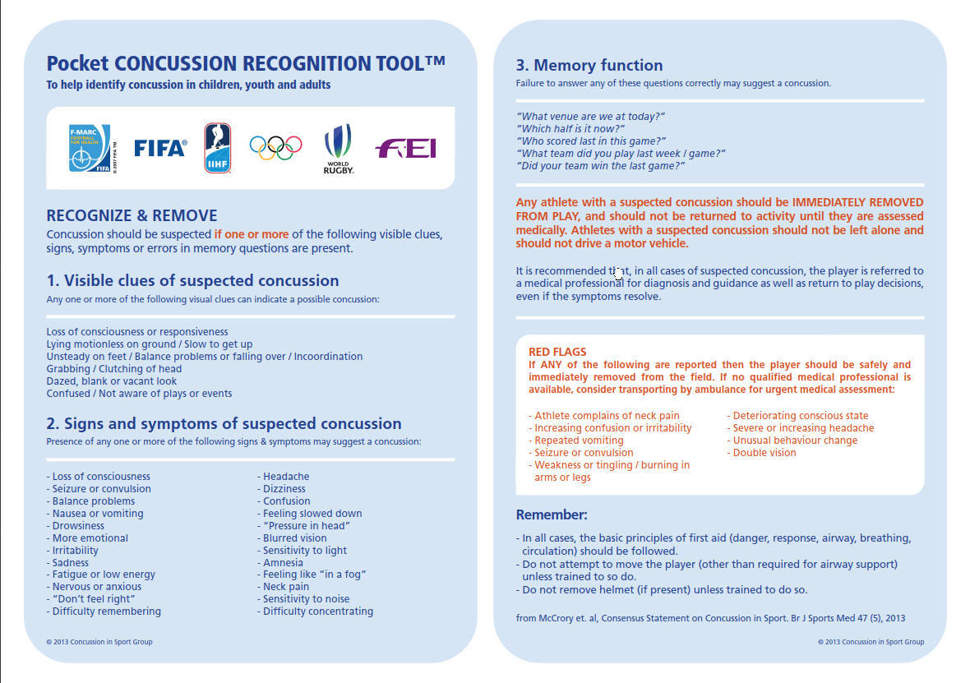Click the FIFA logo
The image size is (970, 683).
tap(160, 148)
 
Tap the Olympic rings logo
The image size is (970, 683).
tap(275, 148)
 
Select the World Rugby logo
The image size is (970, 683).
tap(338, 149)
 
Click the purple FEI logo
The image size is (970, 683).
tap(405, 148)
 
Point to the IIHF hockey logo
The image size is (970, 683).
tap(218, 148)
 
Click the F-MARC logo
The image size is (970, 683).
tap(90, 148)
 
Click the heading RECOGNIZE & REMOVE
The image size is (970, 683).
tap(132, 216)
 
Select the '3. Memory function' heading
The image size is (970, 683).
tap(589, 65)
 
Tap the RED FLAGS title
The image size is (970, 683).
tap(557, 352)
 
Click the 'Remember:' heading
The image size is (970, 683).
tap(552, 515)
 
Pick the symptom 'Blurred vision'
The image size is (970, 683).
tap(294, 538)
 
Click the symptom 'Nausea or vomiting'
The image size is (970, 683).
tap(97, 514)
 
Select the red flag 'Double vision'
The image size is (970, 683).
tap(764, 453)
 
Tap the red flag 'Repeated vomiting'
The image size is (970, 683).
tap(579, 441)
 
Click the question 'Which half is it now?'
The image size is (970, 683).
tap(570, 129)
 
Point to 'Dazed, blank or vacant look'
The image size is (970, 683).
tap(112, 381)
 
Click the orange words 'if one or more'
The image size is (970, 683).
tap(251, 234)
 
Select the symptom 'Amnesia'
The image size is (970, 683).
tap(283, 563)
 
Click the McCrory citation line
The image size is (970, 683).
tap(710, 618)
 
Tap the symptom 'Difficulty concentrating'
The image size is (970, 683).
tap(317, 611)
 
